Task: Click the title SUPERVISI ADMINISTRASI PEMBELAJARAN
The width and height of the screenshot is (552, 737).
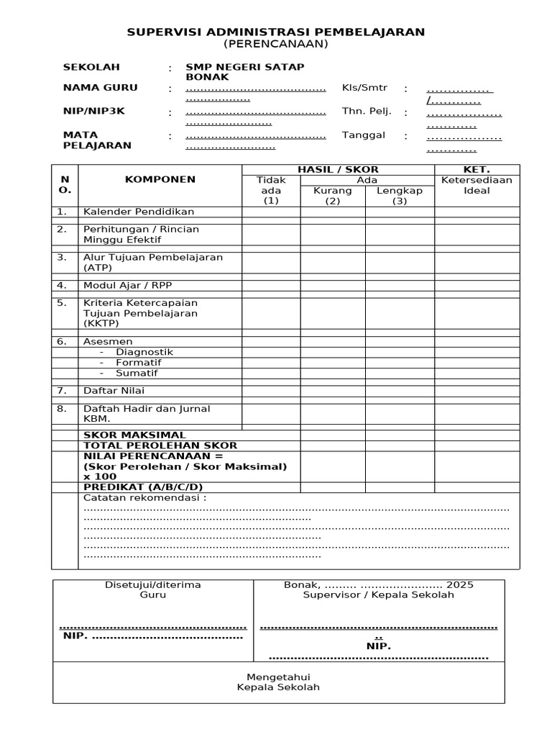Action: pyautogui.click(x=275, y=32)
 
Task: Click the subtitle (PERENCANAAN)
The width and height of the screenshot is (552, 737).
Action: pyautogui.click(x=275, y=44)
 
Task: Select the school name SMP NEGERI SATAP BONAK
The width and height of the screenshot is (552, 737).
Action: pyautogui.click(x=245, y=71)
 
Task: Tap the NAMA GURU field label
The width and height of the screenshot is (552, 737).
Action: pyautogui.click(x=100, y=88)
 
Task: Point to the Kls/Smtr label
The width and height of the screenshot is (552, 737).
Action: pyautogui.click(x=364, y=88)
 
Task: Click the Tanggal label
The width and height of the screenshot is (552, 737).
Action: pyautogui.click(x=364, y=135)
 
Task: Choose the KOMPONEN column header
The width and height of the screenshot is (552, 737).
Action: pyautogui.click(x=160, y=179)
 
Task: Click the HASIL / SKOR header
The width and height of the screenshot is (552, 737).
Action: pyautogui.click(x=338, y=169)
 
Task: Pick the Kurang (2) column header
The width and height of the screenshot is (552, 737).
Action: pyautogui.click(x=333, y=196)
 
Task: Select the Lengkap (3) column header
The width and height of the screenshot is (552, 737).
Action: pyautogui.click(x=400, y=196)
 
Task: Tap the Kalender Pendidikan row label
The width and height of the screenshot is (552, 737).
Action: pyautogui.click(x=139, y=212)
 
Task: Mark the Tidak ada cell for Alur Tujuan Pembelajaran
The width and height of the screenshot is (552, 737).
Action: pyautogui.click(x=271, y=262)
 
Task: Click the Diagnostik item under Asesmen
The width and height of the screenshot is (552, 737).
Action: pyautogui.click(x=144, y=352)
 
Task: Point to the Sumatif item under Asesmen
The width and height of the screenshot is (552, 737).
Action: pyautogui.click(x=137, y=373)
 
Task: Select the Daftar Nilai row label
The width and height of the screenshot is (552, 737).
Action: pyautogui.click(x=114, y=391)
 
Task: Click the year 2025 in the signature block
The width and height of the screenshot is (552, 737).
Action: pyautogui.click(x=459, y=584)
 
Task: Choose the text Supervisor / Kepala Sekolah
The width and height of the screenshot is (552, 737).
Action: pyautogui.click(x=378, y=595)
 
